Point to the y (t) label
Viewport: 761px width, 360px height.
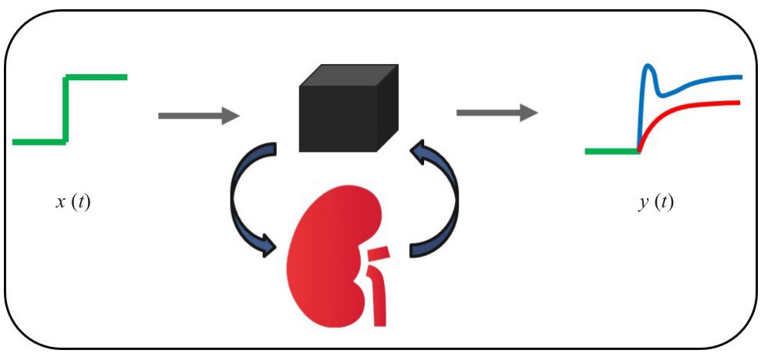tap(656, 204)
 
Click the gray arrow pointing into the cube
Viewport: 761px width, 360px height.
tap(199, 116)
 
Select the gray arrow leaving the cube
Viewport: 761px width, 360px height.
tap(497, 113)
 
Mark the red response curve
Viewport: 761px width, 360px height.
tap(694, 106)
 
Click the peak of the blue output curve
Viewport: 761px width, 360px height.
tap(648, 67)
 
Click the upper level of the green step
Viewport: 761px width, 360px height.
tap(96, 77)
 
